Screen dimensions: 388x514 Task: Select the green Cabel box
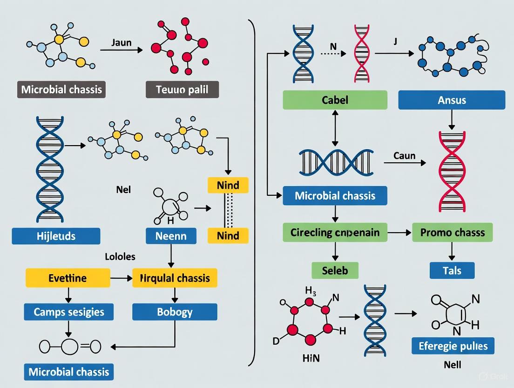tap(335, 100)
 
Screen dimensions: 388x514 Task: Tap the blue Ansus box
tap(452, 100)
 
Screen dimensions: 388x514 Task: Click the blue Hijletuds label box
tap(56, 236)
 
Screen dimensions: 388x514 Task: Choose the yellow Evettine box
tap(68, 278)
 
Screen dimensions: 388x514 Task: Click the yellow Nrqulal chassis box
tap(175, 278)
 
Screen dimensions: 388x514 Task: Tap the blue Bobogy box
tap(175, 312)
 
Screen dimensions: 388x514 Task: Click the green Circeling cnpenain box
tap(335, 232)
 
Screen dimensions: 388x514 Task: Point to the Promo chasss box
tap(452, 232)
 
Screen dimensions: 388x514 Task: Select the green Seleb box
tap(335, 270)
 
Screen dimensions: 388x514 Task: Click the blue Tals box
tap(452, 270)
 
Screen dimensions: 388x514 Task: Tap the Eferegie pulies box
tap(453, 346)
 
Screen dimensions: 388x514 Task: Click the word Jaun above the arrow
tap(122, 43)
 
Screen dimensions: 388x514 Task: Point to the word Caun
tap(404, 155)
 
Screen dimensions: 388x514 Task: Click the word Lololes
tap(120, 257)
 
